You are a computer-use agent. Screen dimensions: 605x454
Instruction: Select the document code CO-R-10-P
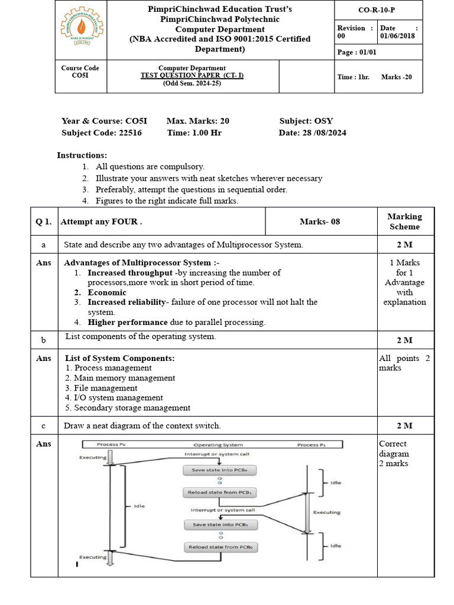[378, 10]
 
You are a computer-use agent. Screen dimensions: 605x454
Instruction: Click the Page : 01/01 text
[356, 53]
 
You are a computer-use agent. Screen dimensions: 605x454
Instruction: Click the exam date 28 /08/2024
[323, 133]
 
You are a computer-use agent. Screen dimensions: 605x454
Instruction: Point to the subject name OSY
[323, 121]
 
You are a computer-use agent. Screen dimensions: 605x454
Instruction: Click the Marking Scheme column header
[405, 222]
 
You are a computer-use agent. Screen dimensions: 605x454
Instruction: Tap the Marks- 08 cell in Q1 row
[320, 222]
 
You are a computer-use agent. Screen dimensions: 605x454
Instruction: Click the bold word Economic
[107, 292]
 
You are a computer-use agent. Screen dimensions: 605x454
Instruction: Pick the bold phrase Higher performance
[128, 323]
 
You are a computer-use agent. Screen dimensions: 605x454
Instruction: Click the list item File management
[101, 388]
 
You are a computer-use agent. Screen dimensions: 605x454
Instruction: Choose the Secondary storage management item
[128, 408]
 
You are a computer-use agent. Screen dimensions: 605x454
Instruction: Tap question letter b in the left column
[43, 340]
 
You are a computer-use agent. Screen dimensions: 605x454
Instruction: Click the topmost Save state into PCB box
[220, 470]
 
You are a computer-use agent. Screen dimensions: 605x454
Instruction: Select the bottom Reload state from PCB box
[220, 547]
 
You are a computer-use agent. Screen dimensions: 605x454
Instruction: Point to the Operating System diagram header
[218, 445]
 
